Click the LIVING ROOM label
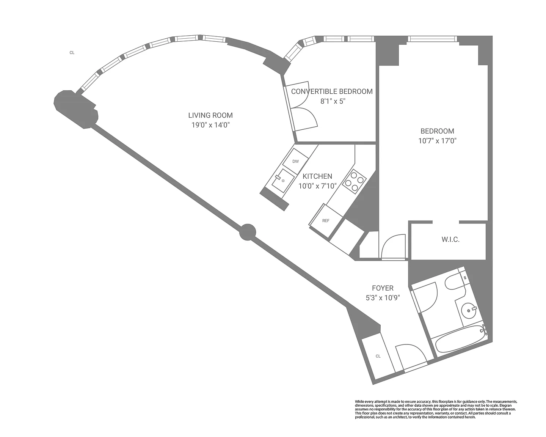tap(210, 115)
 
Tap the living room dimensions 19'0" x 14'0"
tap(210, 125)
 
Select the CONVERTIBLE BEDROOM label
tap(332, 91)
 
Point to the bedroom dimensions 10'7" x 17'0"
tap(437, 141)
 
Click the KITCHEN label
tap(317, 176)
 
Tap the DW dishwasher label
tap(296, 161)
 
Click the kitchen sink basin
tap(283, 181)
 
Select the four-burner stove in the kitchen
tap(354, 182)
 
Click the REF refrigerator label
tap(326, 221)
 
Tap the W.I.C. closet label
tap(450, 239)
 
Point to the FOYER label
tap(383, 288)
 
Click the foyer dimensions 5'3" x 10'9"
tap(383, 298)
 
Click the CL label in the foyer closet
tap(378, 356)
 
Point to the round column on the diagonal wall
tap(248, 232)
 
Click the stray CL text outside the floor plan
tap(72, 53)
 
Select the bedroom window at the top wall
tap(432, 39)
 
